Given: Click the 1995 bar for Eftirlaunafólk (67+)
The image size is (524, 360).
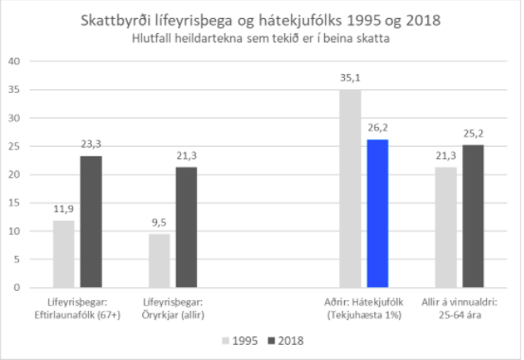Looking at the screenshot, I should click(64, 254).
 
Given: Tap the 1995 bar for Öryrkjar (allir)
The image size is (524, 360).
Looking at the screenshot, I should click(159, 261).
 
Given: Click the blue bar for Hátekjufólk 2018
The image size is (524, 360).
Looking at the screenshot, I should click(376, 213).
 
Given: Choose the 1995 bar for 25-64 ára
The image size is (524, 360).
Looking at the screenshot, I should click(445, 227).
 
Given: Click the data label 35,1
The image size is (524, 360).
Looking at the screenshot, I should click(352, 80).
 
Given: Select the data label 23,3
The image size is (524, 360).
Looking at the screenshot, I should click(90, 146).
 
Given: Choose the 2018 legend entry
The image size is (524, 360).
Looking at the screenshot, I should click(286, 339).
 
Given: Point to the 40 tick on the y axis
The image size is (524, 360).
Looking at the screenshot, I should click(14, 62).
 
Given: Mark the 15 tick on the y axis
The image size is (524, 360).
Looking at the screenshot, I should click(14, 202).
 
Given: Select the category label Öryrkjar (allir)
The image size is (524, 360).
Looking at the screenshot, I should click(172, 308).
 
